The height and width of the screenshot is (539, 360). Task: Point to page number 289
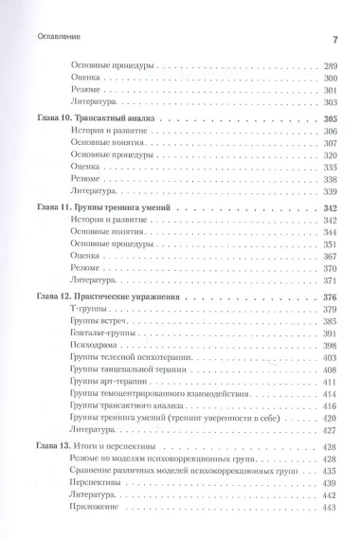pos(332,67)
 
